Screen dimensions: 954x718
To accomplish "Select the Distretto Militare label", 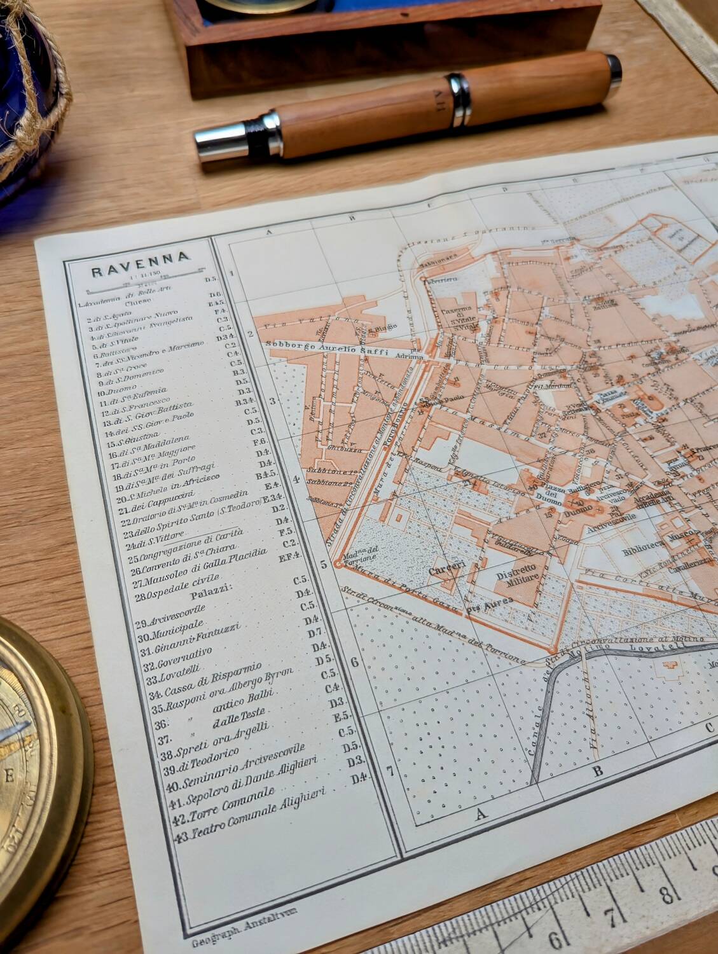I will pyautogui.click(x=520, y=570).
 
